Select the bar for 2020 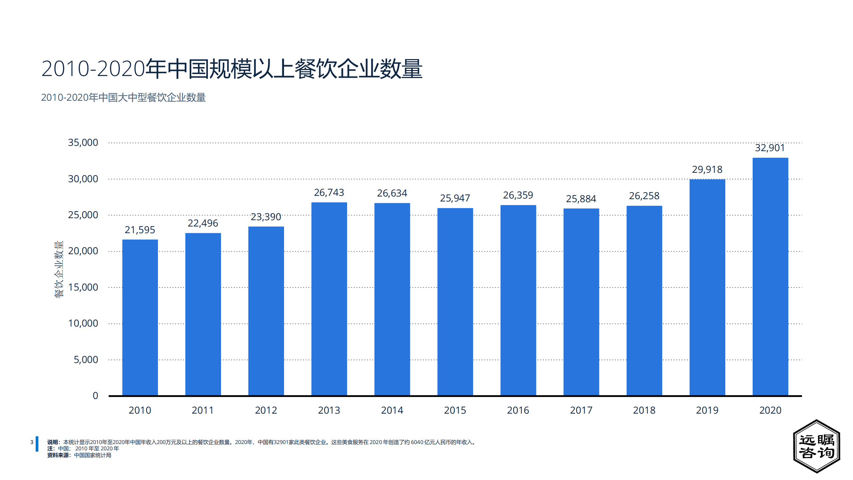point(770,277)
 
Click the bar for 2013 point(329,299)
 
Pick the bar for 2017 point(581,302)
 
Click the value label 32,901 point(770,148)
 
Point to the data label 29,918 point(707,169)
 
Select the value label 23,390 point(266,217)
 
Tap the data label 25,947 point(455,198)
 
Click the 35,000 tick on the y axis point(83,142)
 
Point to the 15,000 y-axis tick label point(83,287)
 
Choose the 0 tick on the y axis point(95,396)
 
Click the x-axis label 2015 point(455,410)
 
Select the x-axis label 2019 point(707,410)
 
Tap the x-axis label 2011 point(202,410)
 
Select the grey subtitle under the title point(123,97)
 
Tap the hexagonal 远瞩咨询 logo point(816,446)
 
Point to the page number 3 point(32,442)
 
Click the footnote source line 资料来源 point(79,455)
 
